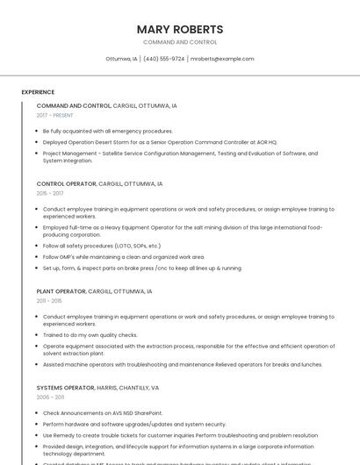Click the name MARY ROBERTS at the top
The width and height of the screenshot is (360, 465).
click(180, 29)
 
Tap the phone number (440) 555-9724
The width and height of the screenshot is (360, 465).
click(163, 59)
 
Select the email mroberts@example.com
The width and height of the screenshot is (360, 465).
click(222, 59)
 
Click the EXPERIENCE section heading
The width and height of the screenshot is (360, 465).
click(38, 91)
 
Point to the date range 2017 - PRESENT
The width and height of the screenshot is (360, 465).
click(55, 115)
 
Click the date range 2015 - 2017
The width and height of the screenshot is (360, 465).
click(50, 193)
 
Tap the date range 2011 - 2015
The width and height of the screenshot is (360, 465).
click(49, 300)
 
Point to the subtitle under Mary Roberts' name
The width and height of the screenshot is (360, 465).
click(180, 42)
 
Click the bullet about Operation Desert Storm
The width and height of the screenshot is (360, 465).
click(160, 141)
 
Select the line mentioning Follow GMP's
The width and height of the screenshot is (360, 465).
click(124, 257)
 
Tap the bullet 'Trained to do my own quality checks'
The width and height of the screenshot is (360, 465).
click(90, 334)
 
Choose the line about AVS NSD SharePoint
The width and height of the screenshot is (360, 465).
click(103, 412)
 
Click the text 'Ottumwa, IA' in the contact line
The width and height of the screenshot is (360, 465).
click(121, 59)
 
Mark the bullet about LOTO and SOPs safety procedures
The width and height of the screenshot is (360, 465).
click(102, 247)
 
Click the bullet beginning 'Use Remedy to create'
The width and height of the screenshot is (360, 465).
click(180, 435)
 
